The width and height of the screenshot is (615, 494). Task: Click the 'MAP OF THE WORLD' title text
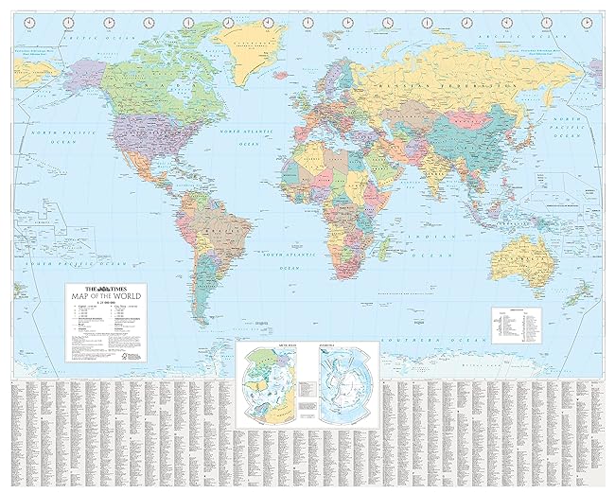pos(103,298)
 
